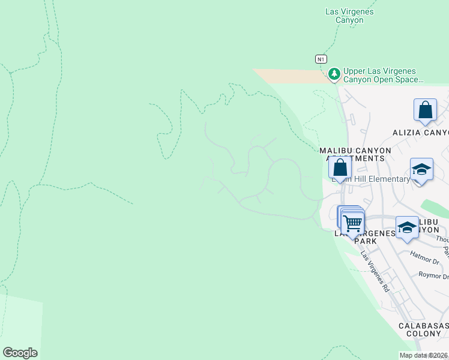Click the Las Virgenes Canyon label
pos(349,16)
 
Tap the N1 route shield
pos(322,59)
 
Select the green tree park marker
pos(334,74)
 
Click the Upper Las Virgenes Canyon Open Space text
pos(383,74)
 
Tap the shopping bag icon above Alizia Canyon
pos(425,110)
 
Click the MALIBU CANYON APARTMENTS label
pos(355,154)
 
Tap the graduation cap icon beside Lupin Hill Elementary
pos(421,170)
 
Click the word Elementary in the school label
pos(391,179)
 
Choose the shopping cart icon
pos(352,223)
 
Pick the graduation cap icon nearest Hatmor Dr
pos(407,227)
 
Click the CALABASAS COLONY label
pos(423,329)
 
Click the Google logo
pos(20,353)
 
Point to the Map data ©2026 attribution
pos(423,355)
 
